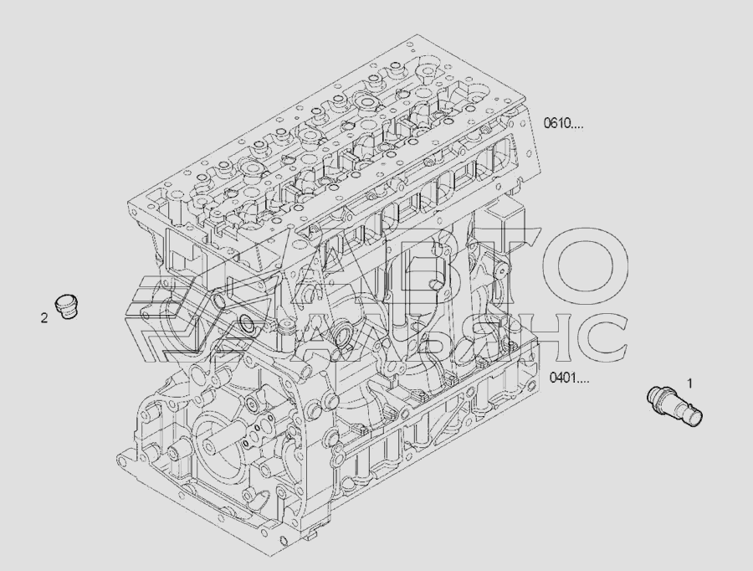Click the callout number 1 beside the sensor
click(x=689, y=383)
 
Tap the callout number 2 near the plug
click(x=44, y=317)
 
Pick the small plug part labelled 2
click(x=66, y=306)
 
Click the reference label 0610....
click(x=563, y=124)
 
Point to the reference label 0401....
click(x=569, y=378)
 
